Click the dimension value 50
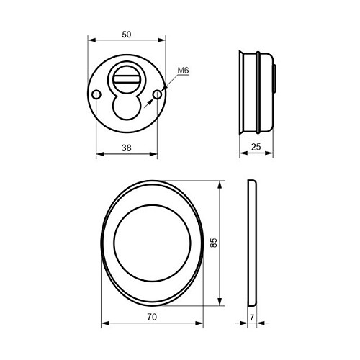tap(127, 35)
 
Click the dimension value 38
tap(127, 148)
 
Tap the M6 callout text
tap(184, 71)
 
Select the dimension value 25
tap(256, 147)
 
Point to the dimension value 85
tap(213, 243)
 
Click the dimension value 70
tap(152, 317)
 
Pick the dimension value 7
tap(252, 318)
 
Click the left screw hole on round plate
tap(96, 94)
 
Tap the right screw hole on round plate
tap(157, 94)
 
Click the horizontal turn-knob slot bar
tap(127, 79)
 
